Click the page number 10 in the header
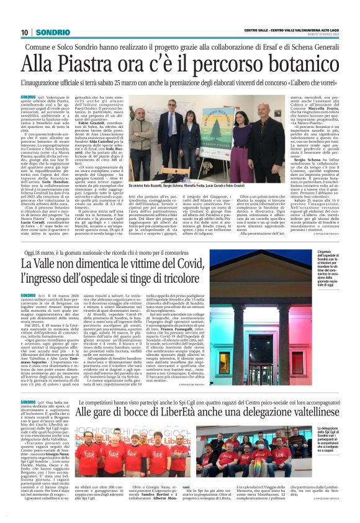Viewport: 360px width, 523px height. click(24, 32)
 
